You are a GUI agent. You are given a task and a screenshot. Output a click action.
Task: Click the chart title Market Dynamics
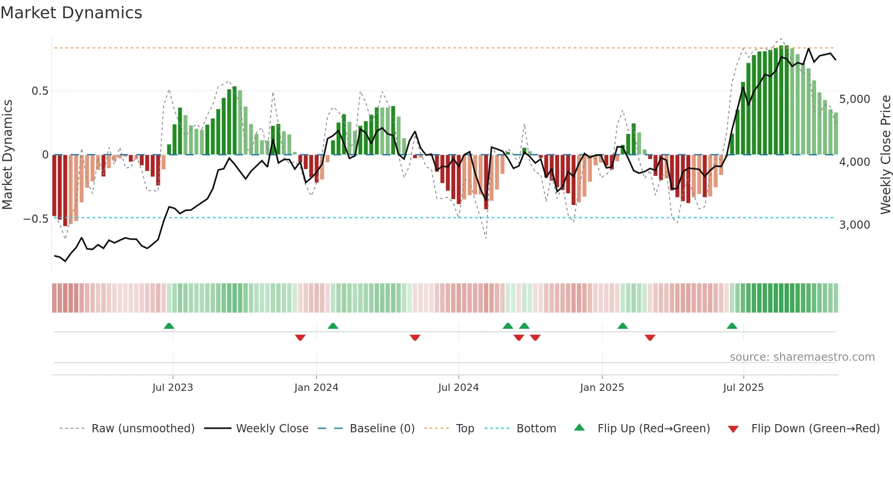(71, 13)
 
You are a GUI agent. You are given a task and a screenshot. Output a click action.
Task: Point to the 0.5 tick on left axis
(40, 91)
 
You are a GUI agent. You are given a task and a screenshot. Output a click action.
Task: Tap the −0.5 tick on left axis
(36, 219)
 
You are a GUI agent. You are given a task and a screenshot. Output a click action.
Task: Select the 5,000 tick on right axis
(855, 99)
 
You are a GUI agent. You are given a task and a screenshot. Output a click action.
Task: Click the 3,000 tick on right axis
(855, 225)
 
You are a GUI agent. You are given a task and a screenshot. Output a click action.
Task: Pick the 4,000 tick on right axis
(855, 162)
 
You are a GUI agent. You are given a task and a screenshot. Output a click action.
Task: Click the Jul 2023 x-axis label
(173, 388)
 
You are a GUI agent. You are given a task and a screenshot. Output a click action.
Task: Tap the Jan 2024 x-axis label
(316, 388)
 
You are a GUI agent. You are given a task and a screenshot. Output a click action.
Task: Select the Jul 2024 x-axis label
(458, 388)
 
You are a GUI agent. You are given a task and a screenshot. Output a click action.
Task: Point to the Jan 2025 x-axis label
(602, 388)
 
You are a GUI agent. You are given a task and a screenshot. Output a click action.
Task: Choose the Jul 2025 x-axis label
(743, 388)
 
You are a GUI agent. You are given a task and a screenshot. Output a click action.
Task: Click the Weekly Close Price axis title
(885, 154)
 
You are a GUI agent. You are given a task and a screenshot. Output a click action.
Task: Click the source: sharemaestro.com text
(802, 357)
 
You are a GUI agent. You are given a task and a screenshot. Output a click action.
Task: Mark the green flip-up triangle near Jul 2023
(169, 326)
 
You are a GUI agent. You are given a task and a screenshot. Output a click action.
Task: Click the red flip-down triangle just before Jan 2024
(300, 338)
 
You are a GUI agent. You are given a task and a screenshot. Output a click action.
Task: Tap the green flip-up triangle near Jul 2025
(732, 326)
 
